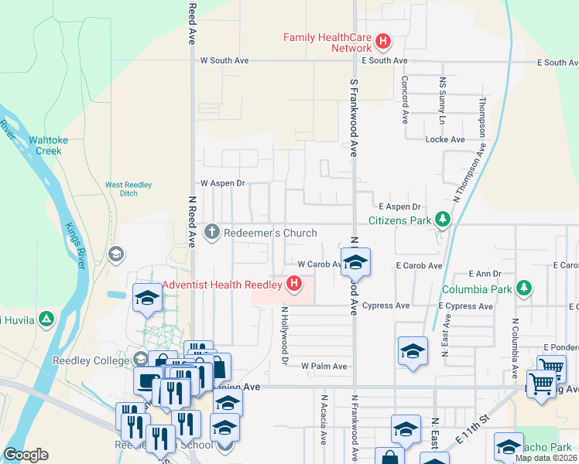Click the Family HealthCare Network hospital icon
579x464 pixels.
382,41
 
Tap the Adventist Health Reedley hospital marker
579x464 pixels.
294,284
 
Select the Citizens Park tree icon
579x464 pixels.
442,220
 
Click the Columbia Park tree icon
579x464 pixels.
525,288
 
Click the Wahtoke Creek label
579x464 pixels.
45,145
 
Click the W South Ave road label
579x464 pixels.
224,60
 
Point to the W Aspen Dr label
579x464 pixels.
222,183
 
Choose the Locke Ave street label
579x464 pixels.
445,139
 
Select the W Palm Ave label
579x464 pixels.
324,366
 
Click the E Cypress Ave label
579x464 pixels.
465,306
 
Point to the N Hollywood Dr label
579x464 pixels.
285,335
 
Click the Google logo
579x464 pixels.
26,455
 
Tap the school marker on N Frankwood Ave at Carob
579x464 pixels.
355,262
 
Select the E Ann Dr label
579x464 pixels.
485,274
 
